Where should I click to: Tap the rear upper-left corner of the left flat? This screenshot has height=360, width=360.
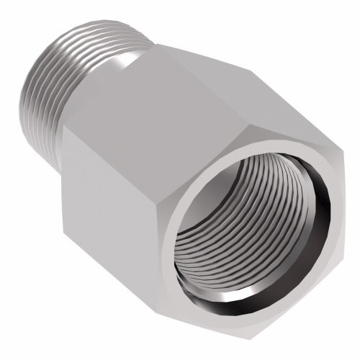click(x=63, y=127)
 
